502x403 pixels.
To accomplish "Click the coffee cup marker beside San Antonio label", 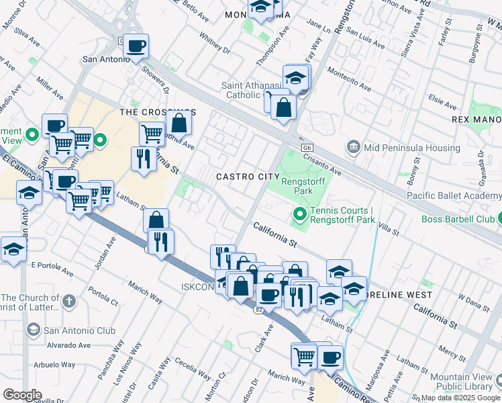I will coord(136,46).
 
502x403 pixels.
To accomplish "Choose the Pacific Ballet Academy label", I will coord(454,195).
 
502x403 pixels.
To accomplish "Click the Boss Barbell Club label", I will coord(457,219).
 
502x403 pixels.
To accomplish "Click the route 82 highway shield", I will coord(259,310).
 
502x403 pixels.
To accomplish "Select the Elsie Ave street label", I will coord(442,101).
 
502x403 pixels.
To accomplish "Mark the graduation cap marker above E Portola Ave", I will coord(13,249).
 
